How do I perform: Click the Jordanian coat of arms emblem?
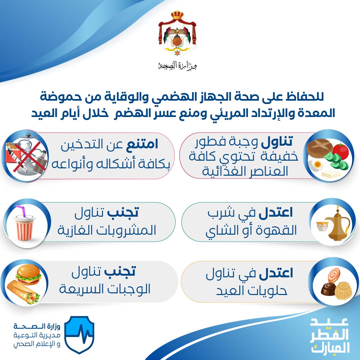tap(177, 33)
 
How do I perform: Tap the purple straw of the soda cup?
tap(20, 211)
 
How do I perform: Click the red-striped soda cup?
tap(25, 228)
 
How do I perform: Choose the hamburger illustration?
tap(28, 275)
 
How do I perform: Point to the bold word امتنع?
tap(142, 144)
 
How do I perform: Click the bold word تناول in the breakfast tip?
tap(277, 142)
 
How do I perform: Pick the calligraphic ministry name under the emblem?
tap(177, 66)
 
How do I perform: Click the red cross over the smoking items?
tap(26, 156)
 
